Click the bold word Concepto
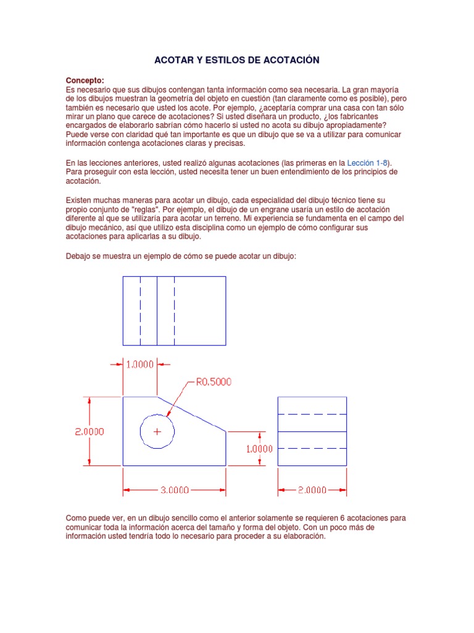tap(85, 80)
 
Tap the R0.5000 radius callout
tap(214, 382)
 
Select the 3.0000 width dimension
tap(175, 490)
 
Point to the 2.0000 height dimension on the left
tap(89, 431)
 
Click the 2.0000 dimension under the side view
tap(312, 490)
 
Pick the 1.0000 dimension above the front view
tap(140, 364)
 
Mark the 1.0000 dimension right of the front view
tap(259, 449)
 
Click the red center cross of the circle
tap(157, 431)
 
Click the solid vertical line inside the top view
tap(157, 310)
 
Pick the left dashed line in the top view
tap(140, 310)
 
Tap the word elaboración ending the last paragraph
tap(301, 537)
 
